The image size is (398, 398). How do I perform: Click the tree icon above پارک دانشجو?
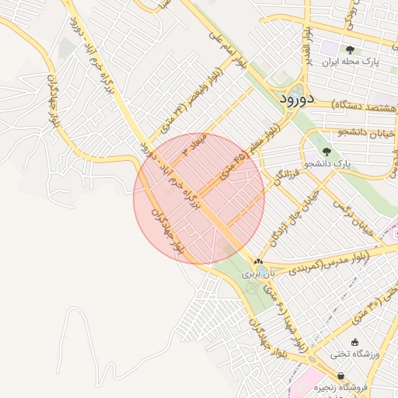(326, 152)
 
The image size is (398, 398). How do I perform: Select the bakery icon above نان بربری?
(258, 262)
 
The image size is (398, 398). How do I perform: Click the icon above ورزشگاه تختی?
(355, 342)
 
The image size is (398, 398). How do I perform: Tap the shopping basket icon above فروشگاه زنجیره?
(341, 375)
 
